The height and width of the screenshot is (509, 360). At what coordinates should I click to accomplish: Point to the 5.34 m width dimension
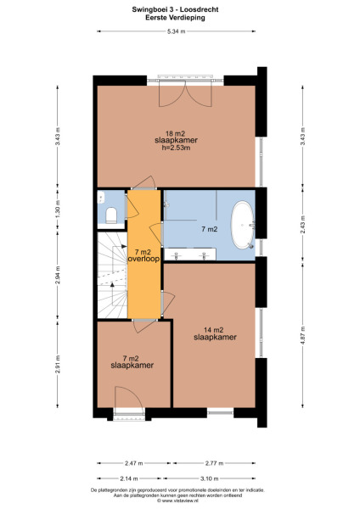(x=176, y=31)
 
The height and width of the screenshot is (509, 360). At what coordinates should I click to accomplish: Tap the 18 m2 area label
(x=176, y=134)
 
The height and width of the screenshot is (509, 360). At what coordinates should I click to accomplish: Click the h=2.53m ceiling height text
(x=176, y=149)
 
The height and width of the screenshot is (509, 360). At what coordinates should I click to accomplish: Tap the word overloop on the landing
(x=144, y=260)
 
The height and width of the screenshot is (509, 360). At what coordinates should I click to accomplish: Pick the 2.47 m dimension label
(x=129, y=463)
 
